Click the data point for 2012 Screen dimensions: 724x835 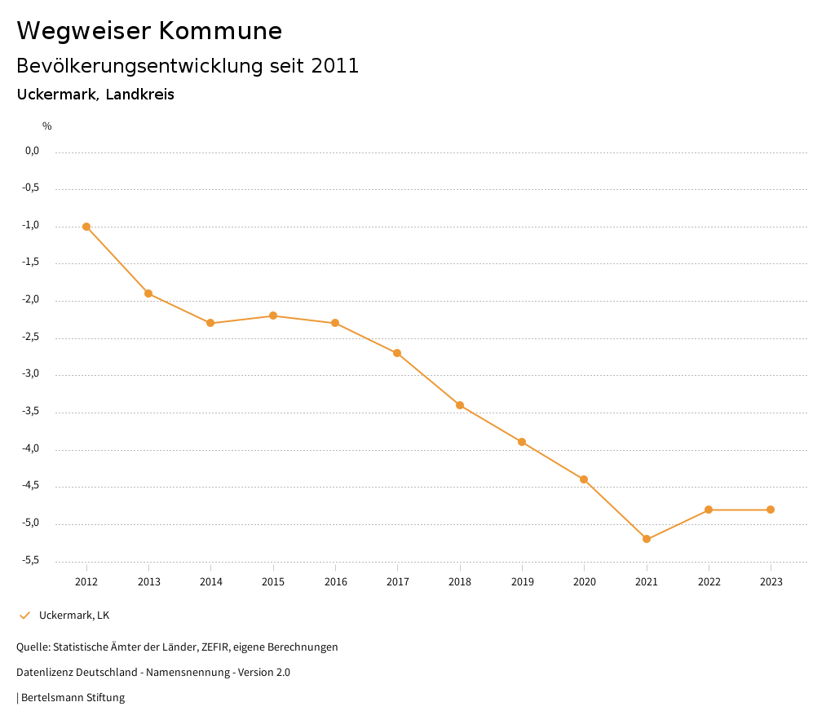click(86, 227)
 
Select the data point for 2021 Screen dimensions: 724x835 click(647, 539)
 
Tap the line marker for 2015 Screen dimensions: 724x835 click(273, 316)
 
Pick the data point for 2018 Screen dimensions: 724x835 click(460, 405)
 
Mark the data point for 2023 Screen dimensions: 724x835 click(771, 510)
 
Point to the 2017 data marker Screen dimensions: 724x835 click(397, 353)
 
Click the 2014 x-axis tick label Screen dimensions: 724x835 click(211, 582)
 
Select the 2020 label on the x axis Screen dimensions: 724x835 click(585, 582)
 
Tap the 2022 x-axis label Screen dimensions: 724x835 click(709, 582)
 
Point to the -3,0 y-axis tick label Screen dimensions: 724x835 click(33, 374)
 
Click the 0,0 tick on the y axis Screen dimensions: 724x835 click(33, 151)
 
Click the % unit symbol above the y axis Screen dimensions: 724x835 click(47, 126)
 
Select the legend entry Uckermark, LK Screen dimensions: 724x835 click(74, 616)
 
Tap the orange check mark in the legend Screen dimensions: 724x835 click(24, 616)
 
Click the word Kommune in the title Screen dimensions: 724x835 click(220, 31)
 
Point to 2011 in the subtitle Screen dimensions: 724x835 click(335, 66)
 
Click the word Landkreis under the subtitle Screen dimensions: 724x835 click(139, 95)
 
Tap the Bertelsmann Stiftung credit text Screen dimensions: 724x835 click(73, 698)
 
